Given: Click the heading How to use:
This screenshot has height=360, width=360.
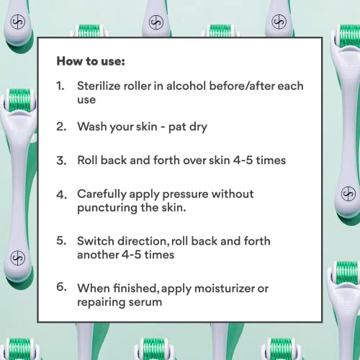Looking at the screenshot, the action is point(91,61).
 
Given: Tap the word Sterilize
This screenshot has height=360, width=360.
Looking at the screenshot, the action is point(98,86).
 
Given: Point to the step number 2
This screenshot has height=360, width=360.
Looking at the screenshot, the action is point(61,127).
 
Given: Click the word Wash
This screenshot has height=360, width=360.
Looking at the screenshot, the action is point(92,126).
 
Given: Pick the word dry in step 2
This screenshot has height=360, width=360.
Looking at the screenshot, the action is point(198,127).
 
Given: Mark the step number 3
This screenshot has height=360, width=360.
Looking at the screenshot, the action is point(61,161).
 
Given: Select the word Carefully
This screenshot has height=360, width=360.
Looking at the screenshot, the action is point(102,194).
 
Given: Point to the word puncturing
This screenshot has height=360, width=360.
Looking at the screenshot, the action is point(107,208).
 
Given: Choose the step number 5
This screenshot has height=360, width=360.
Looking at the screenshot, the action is point(61,240).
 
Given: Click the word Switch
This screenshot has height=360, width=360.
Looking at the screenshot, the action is point(96,241).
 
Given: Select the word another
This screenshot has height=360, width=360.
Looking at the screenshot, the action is point(98,255).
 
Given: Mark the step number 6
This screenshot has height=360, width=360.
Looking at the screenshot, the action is point(61,287).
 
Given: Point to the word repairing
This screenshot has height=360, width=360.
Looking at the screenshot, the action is point(101,302).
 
